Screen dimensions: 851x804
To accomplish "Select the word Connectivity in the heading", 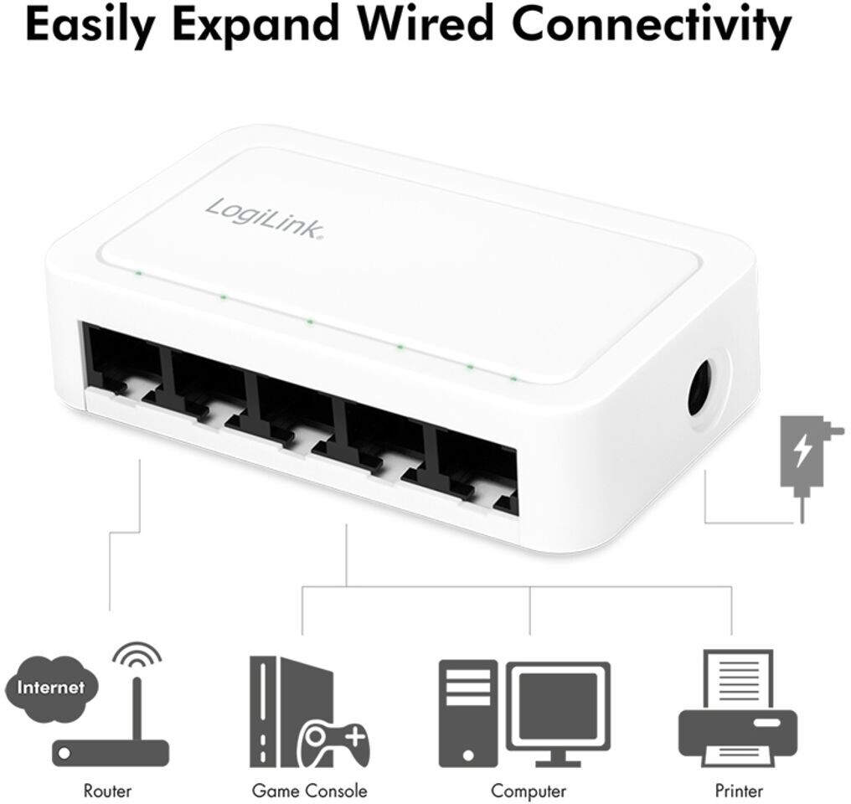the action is click(x=651, y=25).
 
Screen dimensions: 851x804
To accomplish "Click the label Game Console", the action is click(x=309, y=790).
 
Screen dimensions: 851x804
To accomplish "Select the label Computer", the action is click(x=529, y=790).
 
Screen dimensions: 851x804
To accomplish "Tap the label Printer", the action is click(x=739, y=790).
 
